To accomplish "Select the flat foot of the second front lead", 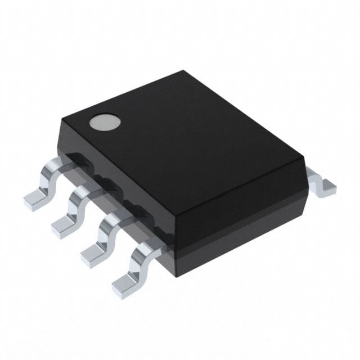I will click(63, 226).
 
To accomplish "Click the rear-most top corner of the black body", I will click(186, 71).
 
